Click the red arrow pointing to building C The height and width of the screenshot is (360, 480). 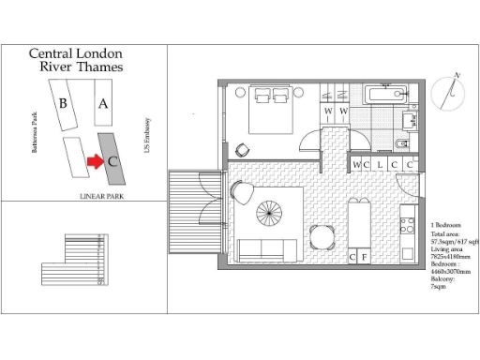[x=94, y=161]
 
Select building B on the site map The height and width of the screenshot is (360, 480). [x=63, y=104]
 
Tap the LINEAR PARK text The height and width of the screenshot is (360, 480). [x=103, y=196]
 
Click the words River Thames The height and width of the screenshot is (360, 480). [x=80, y=67]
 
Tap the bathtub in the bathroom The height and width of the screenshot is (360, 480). [x=385, y=94]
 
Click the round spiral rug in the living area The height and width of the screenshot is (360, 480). [x=271, y=217]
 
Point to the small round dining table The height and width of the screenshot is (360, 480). [x=322, y=235]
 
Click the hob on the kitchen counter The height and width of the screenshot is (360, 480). [x=408, y=225]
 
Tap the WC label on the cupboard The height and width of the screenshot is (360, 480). [x=358, y=165]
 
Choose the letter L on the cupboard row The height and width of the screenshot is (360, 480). [x=379, y=165]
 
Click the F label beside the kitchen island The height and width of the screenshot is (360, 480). [x=365, y=256]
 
